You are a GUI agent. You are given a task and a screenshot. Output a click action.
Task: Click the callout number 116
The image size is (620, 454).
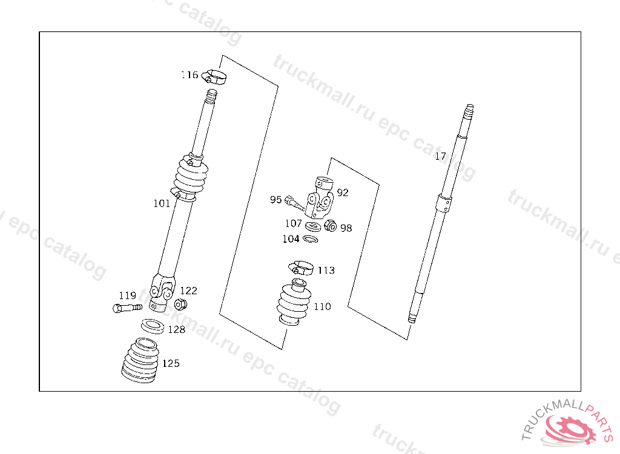(x=190, y=74)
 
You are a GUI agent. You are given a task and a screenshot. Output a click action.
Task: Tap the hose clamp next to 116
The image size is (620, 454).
(x=214, y=76)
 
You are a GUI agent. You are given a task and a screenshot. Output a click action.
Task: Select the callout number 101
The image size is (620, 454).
(x=162, y=203)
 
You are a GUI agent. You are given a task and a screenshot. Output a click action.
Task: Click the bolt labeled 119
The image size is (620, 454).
(x=127, y=308)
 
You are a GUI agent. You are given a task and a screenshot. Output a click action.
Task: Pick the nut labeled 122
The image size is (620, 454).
(x=180, y=304)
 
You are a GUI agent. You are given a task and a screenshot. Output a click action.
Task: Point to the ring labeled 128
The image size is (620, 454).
(x=153, y=326)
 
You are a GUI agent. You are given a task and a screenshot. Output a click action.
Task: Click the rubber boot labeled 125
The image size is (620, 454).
(x=140, y=360)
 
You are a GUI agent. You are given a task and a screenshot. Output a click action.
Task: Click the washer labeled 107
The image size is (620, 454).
(x=313, y=226)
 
